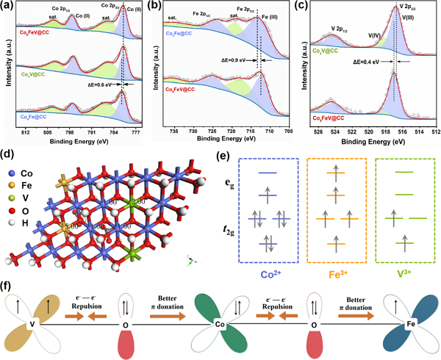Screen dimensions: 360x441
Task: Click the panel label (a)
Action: (x=10, y=7)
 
